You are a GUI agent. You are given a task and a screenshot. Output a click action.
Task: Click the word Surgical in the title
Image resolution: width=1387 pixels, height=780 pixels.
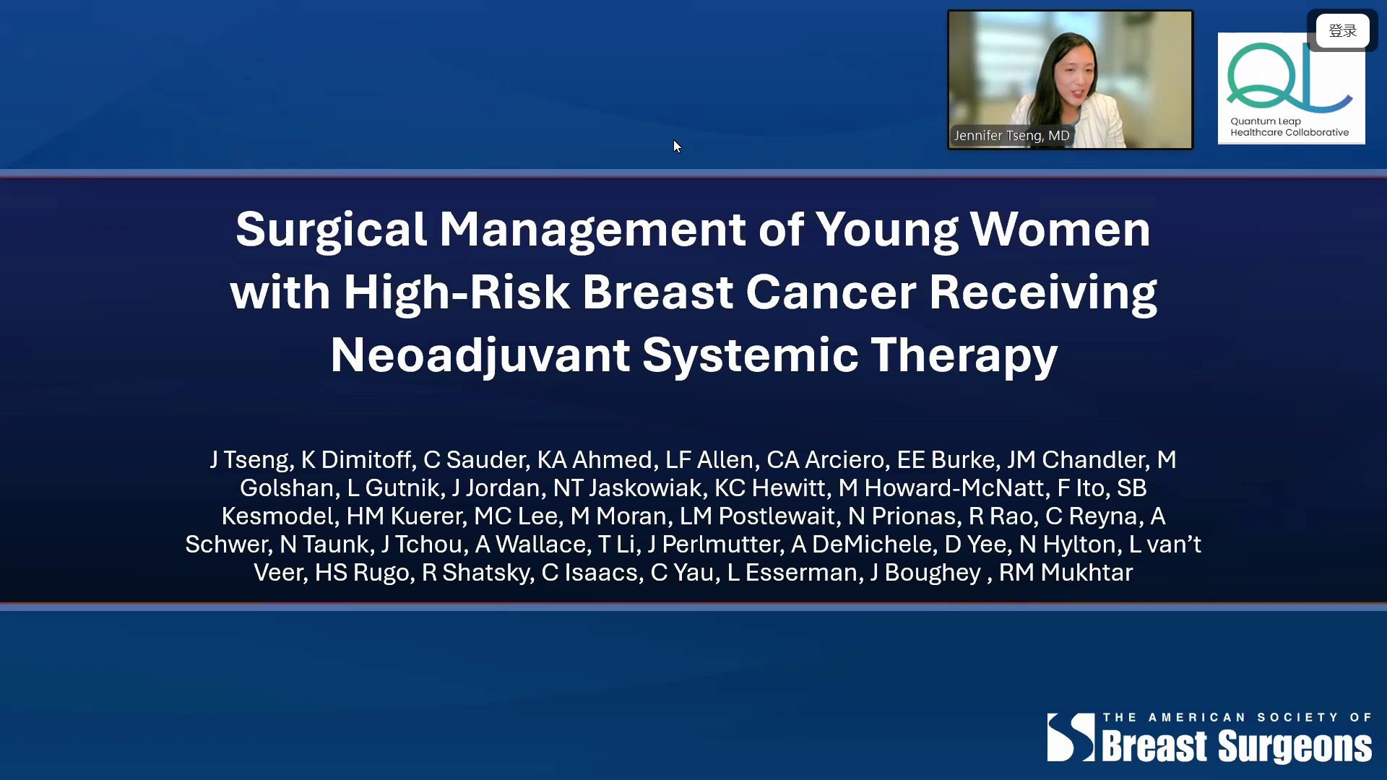click(331, 230)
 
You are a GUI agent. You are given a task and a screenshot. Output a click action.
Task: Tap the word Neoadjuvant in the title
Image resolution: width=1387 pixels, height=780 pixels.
click(480, 355)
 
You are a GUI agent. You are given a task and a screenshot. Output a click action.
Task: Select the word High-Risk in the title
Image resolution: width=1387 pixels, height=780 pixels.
click(457, 293)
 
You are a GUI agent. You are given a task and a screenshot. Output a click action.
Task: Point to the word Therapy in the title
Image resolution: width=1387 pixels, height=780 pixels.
click(964, 356)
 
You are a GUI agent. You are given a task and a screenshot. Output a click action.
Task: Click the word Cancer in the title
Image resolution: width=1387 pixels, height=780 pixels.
click(831, 292)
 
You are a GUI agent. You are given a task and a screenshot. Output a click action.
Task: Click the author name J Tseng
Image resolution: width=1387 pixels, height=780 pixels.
click(251, 460)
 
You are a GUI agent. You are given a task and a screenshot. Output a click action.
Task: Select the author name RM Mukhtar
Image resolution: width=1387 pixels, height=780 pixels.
click(1066, 573)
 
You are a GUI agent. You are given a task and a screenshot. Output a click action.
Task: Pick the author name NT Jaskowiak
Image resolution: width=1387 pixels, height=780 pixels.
click(627, 488)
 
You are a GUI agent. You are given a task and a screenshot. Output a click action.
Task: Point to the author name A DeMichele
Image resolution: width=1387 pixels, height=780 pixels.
click(862, 545)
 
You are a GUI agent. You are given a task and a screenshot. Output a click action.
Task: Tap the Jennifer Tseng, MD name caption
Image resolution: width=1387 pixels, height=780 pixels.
click(1011, 136)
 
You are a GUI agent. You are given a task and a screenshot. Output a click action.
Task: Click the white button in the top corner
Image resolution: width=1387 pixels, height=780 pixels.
click(1342, 31)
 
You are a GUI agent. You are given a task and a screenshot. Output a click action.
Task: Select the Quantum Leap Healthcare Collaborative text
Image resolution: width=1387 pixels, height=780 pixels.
click(1289, 127)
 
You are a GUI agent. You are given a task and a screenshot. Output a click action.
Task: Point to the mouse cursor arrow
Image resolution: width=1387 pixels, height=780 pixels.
click(677, 147)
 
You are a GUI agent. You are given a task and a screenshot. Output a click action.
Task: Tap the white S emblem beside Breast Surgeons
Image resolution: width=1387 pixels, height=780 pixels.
click(1071, 737)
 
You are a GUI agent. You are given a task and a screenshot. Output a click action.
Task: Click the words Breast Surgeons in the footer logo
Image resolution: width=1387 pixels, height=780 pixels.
click(1237, 747)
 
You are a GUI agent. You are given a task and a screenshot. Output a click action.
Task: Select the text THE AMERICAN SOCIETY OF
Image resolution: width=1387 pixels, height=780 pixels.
click(1237, 717)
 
